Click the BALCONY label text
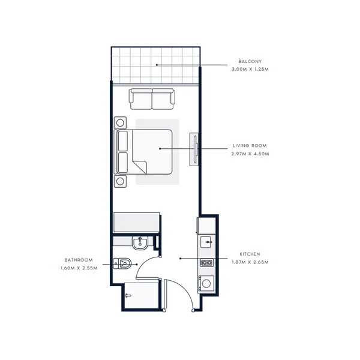pos(250,62)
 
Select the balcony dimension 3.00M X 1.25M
pos(250,69)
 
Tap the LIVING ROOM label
pos(250,146)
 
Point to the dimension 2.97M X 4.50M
pos(250,154)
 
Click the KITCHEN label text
pos(250,254)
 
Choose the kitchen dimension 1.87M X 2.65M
pos(250,262)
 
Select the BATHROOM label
pos(79,260)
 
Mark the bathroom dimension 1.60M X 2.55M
pos(79,268)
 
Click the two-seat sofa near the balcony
pos(152,99)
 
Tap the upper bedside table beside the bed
pos(120,123)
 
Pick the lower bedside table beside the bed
pos(120,181)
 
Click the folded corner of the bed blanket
pos(140,166)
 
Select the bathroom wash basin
pos(140,243)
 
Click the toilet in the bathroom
pos(122,263)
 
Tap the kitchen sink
pos(206,242)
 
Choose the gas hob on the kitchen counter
pos(206,262)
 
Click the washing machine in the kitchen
pos(206,284)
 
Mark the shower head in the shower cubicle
pos(128,296)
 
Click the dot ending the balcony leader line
pos(157,65)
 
